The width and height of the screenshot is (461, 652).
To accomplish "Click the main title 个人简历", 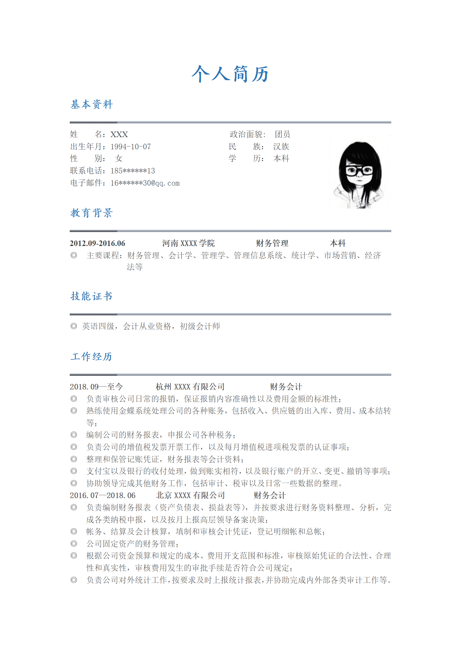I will click(x=230, y=74).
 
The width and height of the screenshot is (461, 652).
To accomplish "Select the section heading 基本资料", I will click(x=92, y=105).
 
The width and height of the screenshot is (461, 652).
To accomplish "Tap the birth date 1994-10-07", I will click(x=131, y=147).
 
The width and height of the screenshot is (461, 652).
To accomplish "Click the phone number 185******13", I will click(x=133, y=171).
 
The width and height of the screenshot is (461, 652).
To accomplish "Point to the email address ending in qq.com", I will click(x=145, y=183).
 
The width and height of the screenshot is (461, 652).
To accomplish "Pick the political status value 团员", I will click(x=282, y=134).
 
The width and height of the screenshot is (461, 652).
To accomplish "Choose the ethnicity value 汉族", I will click(x=281, y=146).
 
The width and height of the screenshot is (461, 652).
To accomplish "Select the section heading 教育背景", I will click(x=92, y=213).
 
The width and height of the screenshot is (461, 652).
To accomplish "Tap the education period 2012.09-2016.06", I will click(x=97, y=243).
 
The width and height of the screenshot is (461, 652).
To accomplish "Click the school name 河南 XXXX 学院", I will click(x=188, y=243).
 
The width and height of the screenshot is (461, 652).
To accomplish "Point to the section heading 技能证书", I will click(x=92, y=296).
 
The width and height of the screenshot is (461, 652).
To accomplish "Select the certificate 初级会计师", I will click(x=200, y=326).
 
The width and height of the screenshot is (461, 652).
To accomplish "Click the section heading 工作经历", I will click(x=92, y=357).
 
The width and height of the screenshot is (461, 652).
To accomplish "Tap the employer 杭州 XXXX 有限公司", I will click(x=190, y=387).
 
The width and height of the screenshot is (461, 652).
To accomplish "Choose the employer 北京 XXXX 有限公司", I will click(x=190, y=495).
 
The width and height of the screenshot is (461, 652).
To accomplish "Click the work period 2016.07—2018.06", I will click(x=103, y=495).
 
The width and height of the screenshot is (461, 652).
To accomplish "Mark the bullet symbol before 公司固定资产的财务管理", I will click(x=74, y=544).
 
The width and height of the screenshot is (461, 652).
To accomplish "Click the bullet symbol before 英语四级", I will click(x=74, y=326).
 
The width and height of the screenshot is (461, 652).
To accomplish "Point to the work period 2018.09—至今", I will click(x=96, y=387).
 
